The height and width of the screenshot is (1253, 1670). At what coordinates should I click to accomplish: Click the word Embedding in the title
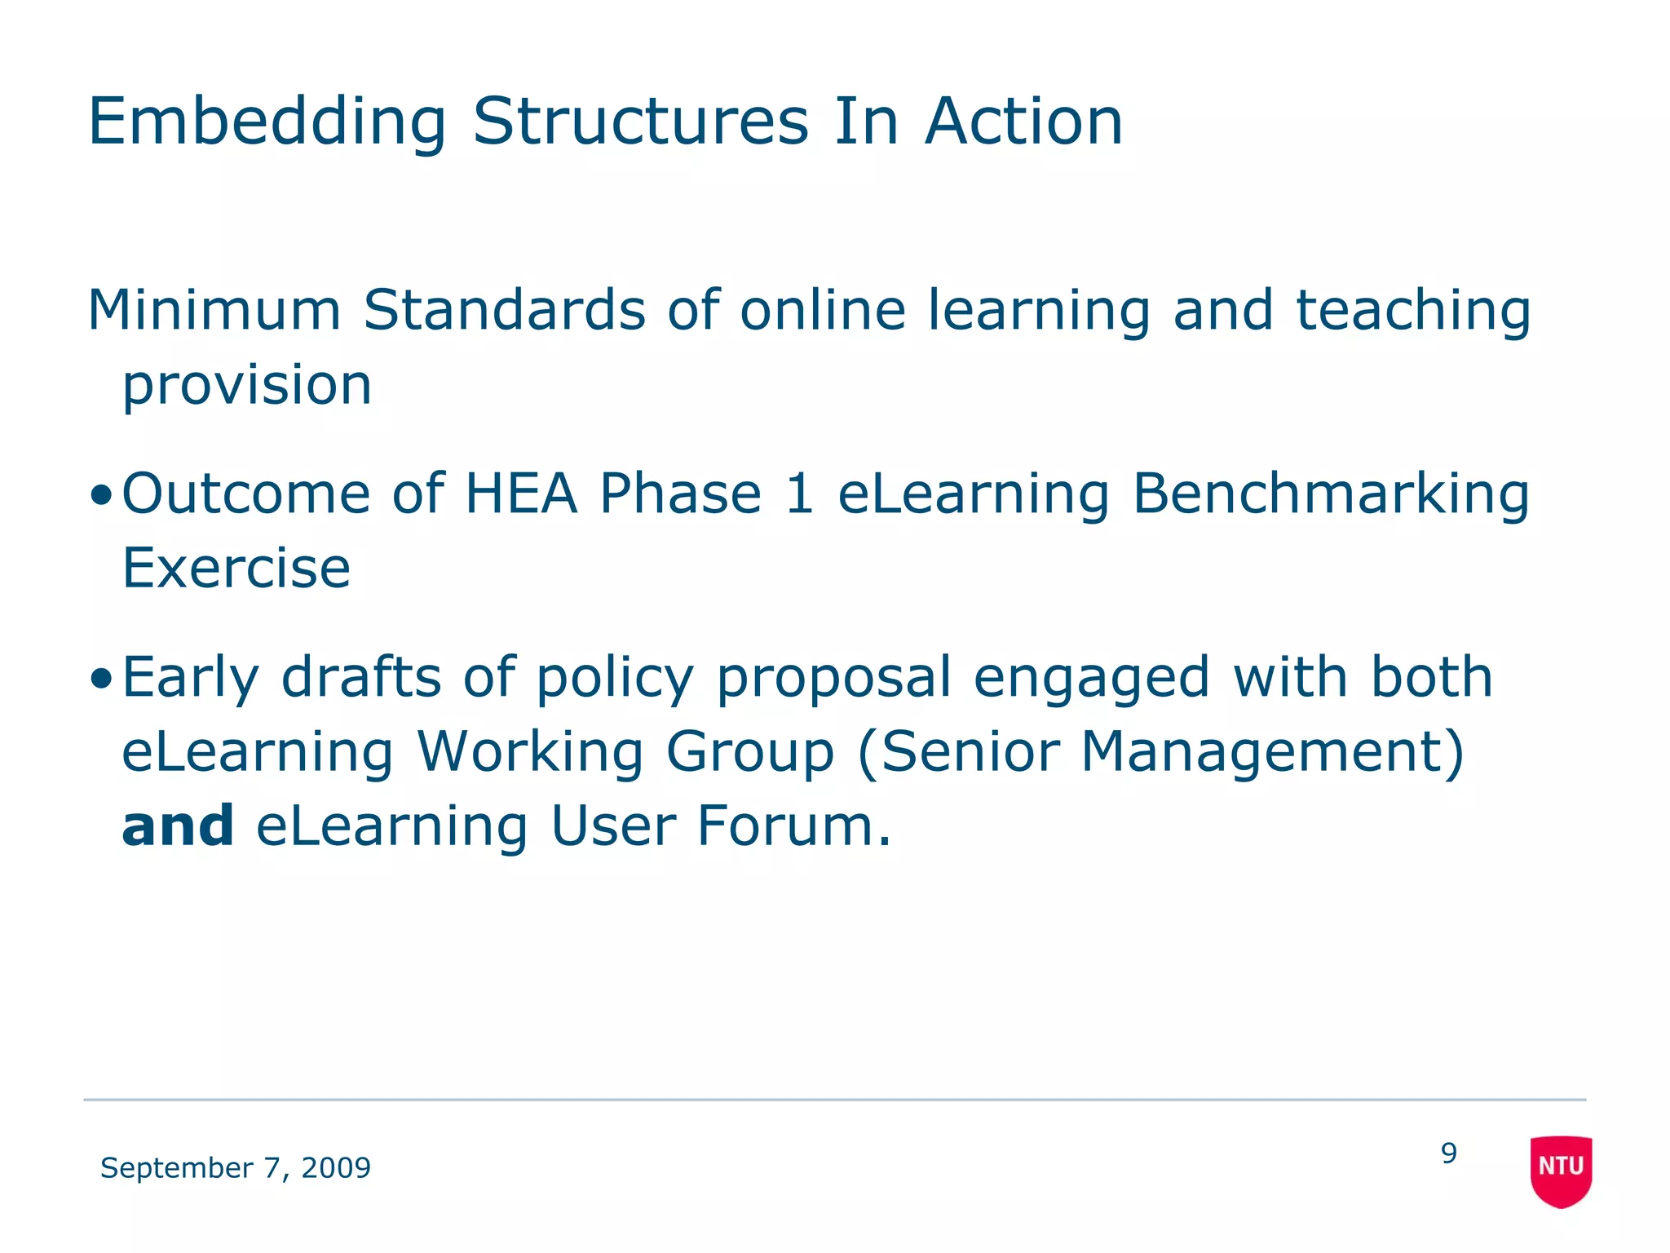[267, 122]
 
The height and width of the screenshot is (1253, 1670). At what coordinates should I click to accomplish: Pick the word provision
[247, 387]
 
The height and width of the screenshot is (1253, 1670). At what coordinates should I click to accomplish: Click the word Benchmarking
[1331, 495]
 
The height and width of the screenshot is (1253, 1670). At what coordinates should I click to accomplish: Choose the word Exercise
[236, 568]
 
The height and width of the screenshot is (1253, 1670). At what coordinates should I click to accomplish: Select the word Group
[750, 752]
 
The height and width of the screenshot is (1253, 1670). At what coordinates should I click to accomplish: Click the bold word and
[178, 826]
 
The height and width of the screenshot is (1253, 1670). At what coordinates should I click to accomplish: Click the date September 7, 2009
[236, 1168]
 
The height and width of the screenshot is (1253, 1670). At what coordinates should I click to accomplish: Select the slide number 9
[1448, 1153]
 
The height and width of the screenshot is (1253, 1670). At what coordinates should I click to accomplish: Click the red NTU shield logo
[1561, 1170]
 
